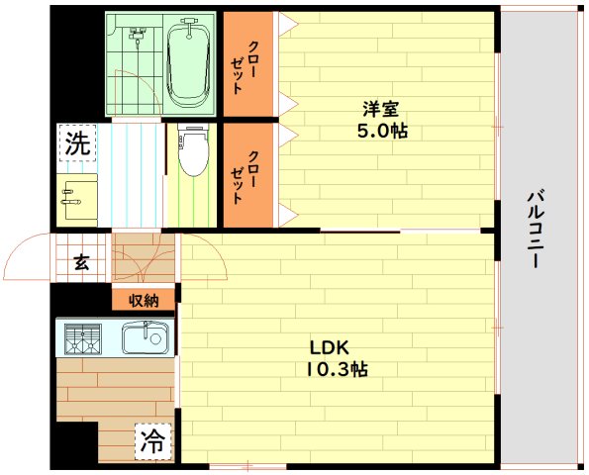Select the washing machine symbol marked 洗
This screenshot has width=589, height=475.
tap(77, 142)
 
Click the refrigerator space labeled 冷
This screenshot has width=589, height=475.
tap(152, 438)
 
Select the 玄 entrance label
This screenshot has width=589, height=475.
tap(80, 262)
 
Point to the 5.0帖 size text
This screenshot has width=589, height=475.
tap(382, 131)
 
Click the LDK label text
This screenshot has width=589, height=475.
tap(328, 348)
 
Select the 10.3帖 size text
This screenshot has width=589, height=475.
tap(338, 369)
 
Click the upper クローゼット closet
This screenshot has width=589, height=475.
tap(246, 64)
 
